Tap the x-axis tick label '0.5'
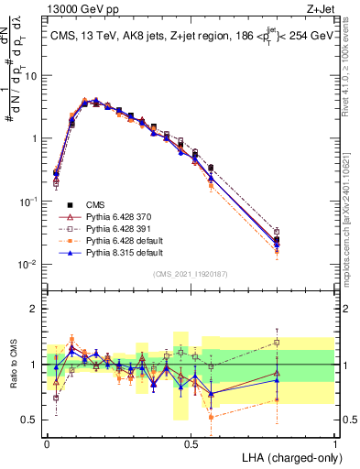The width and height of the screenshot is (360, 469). coord(191,442)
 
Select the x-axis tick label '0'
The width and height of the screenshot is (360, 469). coord(47,442)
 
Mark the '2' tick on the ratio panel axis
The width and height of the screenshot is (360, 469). coord(36,309)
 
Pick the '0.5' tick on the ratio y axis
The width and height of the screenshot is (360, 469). coord(32,420)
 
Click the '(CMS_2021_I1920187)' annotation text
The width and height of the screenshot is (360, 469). coord(191,273)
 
